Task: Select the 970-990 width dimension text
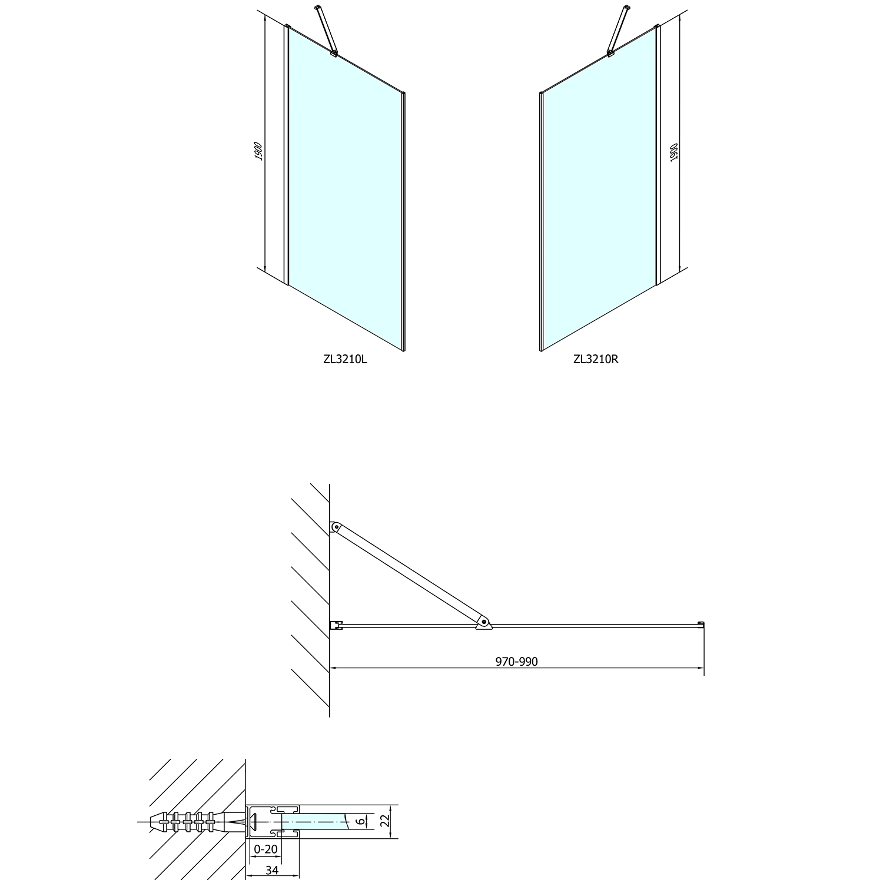(516, 662)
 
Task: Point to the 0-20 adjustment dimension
(265, 849)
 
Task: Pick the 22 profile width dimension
(386, 821)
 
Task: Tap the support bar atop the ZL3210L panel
(326, 31)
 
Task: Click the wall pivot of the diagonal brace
(335, 527)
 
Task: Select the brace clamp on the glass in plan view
(483, 623)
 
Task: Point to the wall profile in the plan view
(336, 625)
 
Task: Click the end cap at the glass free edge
(701, 624)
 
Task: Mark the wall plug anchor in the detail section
(188, 821)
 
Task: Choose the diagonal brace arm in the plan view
(409, 574)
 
